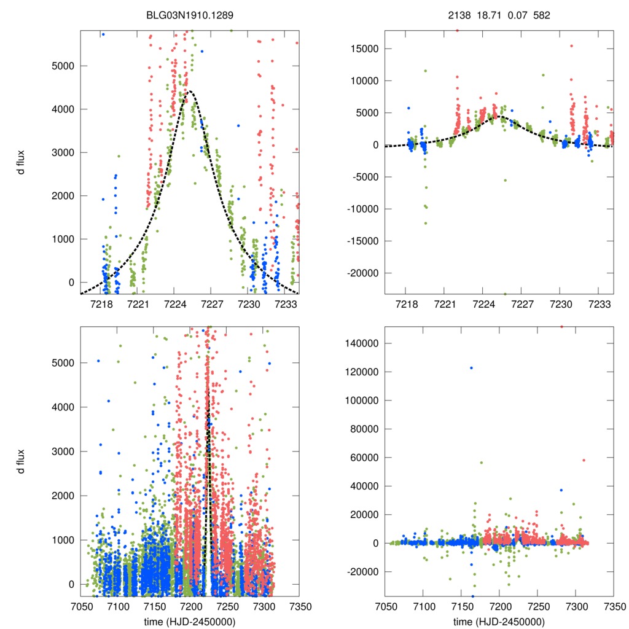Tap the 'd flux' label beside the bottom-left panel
[x=21, y=462]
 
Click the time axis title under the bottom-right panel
[x=499, y=621]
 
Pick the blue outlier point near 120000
[x=471, y=367]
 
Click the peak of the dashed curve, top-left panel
[x=190, y=92]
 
